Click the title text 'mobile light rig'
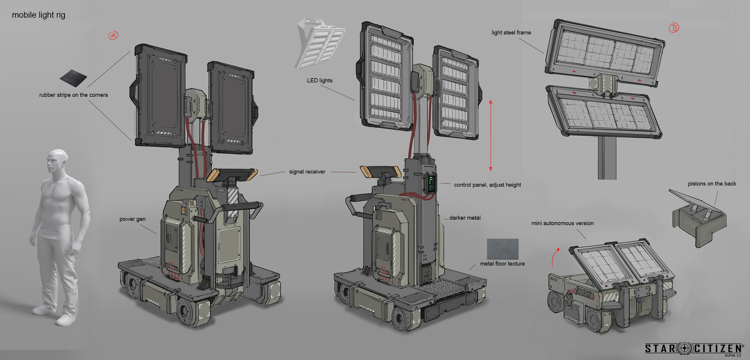pyautogui.click(x=39, y=15)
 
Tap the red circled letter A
pyautogui.click(x=113, y=36)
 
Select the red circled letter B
pyautogui.click(x=674, y=28)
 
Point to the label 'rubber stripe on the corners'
pyautogui.click(x=73, y=95)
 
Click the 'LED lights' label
pyautogui.click(x=320, y=80)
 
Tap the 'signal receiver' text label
pyautogui.click(x=307, y=172)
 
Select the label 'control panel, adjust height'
pyautogui.click(x=487, y=185)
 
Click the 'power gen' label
pyautogui.click(x=132, y=219)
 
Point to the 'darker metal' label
pyautogui.click(x=465, y=218)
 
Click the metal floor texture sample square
pyautogui.click(x=503, y=249)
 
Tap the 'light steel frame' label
pyautogui.click(x=511, y=32)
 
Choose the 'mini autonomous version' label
pyautogui.click(x=562, y=223)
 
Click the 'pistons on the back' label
pyautogui.click(x=712, y=184)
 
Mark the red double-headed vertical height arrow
pyautogui.click(x=491, y=135)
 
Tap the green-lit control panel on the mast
pyautogui.click(x=431, y=183)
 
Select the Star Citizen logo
pyautogui.click(x=693, y=348)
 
